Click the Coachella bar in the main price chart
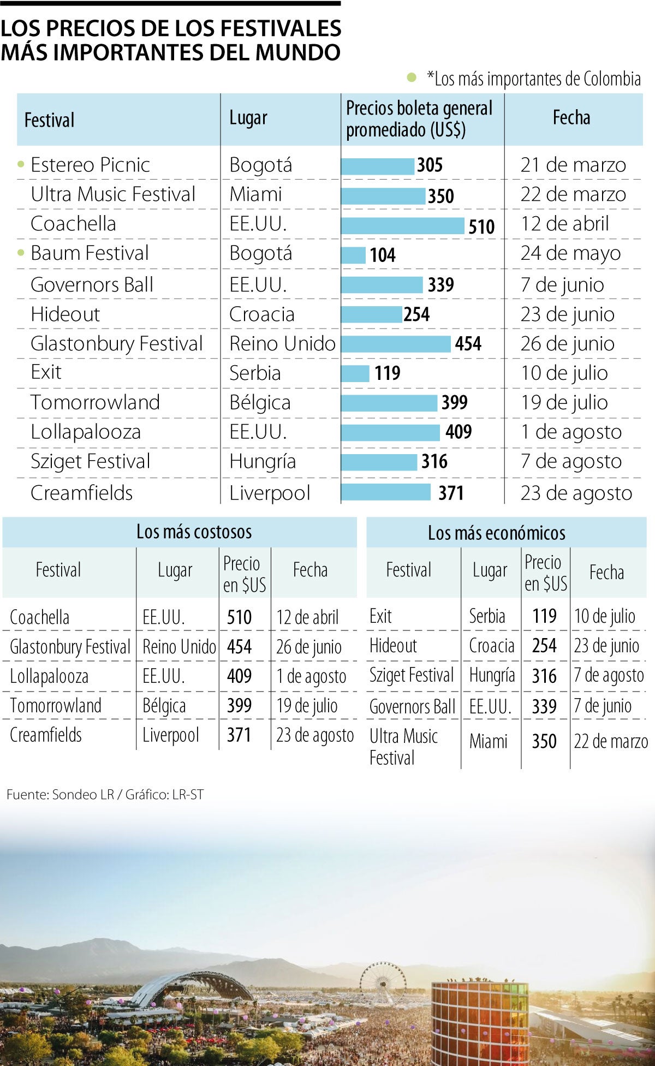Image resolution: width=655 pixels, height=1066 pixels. pos(403,225)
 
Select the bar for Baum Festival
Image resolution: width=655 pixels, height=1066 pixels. pos(353,255)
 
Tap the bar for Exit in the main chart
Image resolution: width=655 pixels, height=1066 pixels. pos(355,373)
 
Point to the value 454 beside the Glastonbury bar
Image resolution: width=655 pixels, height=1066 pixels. pos(468,344)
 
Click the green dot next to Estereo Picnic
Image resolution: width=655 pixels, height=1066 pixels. pos(21,164)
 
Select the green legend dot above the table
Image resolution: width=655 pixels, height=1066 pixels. pos(412,78)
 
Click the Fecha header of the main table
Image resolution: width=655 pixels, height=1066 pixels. pos(571,118)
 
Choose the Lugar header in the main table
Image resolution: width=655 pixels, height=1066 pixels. pos(248,118)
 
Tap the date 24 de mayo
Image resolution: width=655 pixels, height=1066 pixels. pos(570,253)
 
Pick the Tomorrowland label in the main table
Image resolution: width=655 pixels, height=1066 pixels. pos(95,402)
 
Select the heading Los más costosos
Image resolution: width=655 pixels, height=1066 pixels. pos(194,532)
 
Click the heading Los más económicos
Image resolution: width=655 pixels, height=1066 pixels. pos(496,533)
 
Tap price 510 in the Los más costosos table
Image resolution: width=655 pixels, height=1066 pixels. pos(239,617)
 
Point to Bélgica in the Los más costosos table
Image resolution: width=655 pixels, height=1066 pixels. pos(164,706)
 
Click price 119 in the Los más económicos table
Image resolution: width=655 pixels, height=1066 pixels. pos(544,616)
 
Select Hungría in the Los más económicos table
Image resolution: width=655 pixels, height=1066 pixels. pos(492,675)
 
